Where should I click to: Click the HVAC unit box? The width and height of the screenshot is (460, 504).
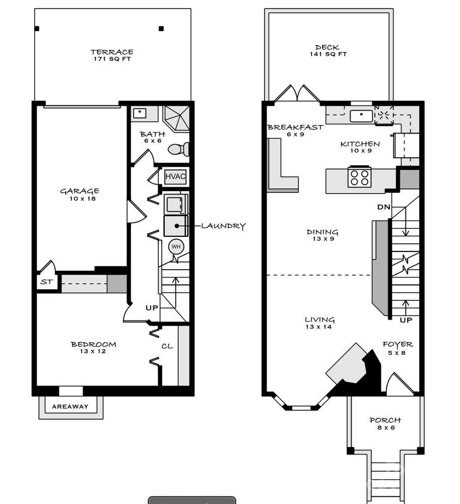(175, 176)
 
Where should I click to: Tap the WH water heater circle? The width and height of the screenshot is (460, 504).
(176, 246)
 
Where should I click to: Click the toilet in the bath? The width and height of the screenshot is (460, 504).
(178, 149)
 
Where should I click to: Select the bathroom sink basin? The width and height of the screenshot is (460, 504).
(140, 113)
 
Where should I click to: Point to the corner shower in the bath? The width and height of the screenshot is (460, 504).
(177, 118)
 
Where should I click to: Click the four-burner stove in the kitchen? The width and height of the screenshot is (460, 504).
(359, 177)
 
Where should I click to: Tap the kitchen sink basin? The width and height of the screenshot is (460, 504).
(361, 116)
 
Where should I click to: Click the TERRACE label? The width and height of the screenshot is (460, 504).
(112, 52)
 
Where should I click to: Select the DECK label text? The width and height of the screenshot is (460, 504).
(327, 47)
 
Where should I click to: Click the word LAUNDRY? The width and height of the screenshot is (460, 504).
(223, 226)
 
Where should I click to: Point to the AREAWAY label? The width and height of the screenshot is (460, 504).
(70, 407)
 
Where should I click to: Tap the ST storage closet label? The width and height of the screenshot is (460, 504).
(46, 282)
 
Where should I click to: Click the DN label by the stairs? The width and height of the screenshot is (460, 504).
(383, 207)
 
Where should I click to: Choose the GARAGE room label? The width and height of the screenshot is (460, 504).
(79, 191)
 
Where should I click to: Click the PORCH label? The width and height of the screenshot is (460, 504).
(385, 420)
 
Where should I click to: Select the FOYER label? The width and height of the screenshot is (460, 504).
(398, 345)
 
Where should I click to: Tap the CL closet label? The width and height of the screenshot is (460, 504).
(167, 346)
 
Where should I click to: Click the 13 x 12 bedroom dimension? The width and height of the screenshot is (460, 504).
(93, 351)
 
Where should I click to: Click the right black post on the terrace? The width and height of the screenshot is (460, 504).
(161, 29)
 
